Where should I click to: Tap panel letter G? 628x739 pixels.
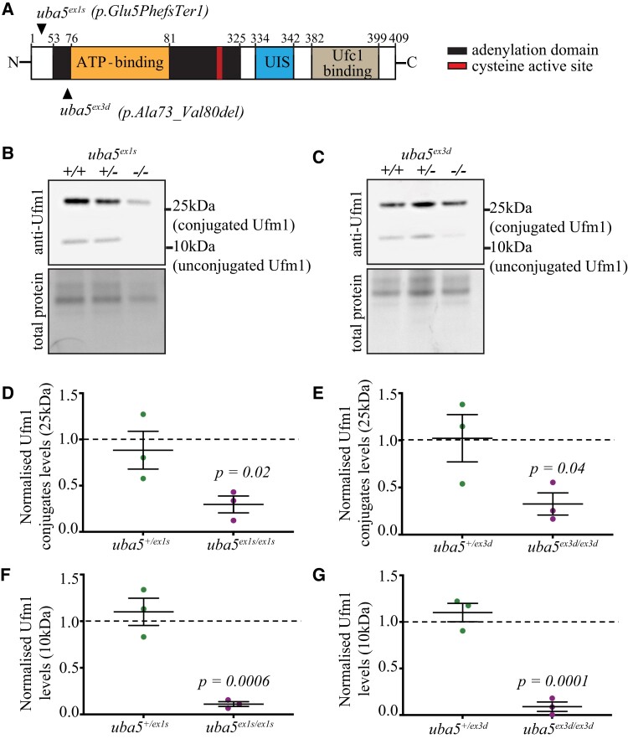[x=326, y=547]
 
